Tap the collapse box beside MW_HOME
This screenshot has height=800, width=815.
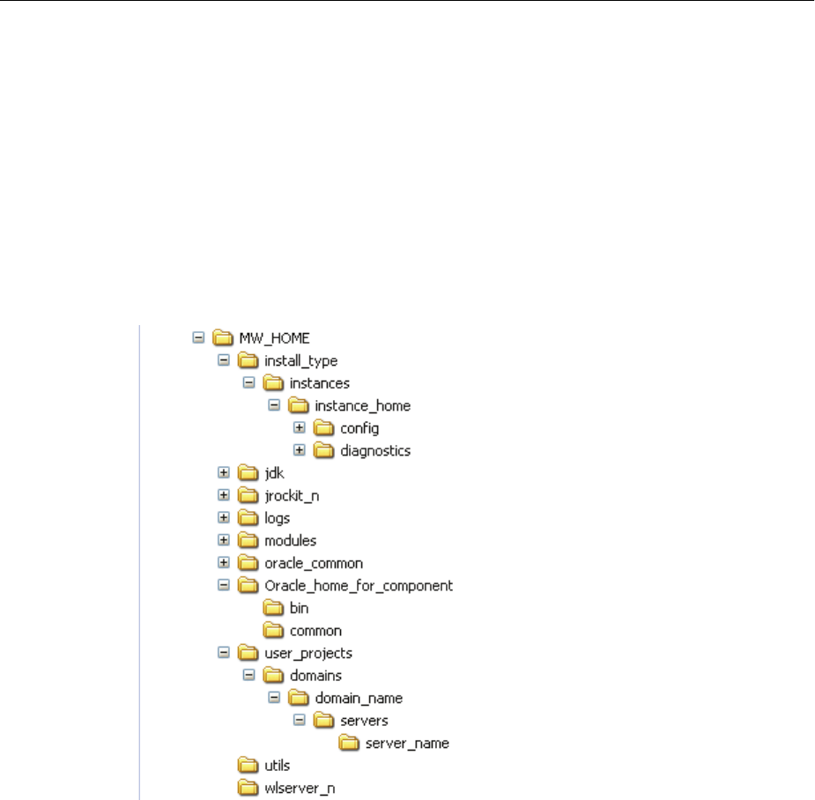click(x=198, y=337)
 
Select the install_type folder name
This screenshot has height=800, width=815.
click(x=300, y=360)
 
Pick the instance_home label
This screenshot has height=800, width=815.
click(x=362, y=406)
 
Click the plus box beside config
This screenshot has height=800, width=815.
click(x=300, y=428)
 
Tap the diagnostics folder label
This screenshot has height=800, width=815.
click(x=375, y=451)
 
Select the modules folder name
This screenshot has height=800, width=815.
click(x=290, y=540)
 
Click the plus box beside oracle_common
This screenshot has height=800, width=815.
click(x=224, y=563)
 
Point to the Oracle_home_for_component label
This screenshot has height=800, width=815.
click(x=359, y=586)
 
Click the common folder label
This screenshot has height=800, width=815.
click(x=315, y=631)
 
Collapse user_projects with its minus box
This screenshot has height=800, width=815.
click(x=224, y=654)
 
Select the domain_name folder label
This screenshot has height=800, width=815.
click(x=359, y=699)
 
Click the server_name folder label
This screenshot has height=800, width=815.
click(x=407, y=744)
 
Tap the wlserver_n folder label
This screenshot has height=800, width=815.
click(x=300, y=789)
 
